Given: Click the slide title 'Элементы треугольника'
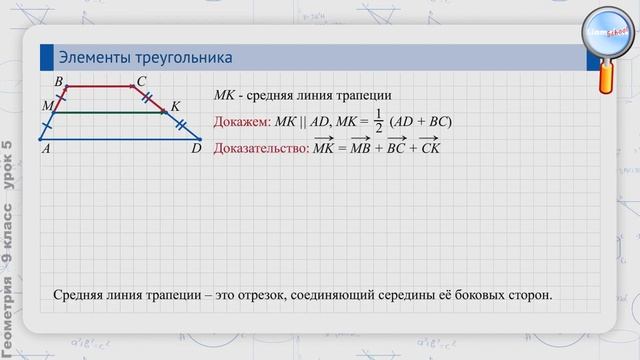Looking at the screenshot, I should (145, 57).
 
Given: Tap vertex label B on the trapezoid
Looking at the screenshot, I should (59, 81).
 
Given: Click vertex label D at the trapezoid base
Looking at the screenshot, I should (196, 148).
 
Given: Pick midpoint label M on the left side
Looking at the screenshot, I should (47, 105).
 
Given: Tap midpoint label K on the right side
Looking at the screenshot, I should (175, 105).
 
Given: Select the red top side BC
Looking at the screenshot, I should (100, 88).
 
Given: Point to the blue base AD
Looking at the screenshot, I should (120, 138).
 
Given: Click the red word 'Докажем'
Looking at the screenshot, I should (241, 122).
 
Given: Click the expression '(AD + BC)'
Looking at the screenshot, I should (421, 122).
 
